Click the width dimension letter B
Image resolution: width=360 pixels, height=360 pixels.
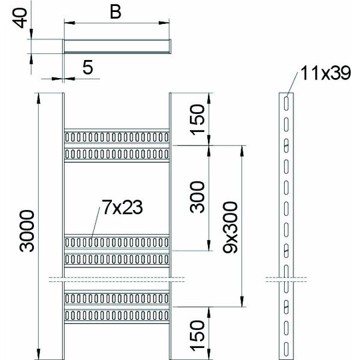pyautogui.click(x=115, y=12)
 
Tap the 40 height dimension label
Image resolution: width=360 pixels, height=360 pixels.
pyautogui.click(x=19, y=18)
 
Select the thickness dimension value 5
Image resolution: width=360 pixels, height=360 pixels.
pyautogui.click(x=88, y=67)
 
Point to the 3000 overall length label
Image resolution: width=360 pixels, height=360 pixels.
pyautogui.click(x=27, y=231)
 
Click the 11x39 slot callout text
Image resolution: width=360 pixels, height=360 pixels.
pyautogui.click(x=325, y=73)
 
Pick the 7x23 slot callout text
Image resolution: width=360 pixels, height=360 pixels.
pyautogui.click(x=122, y=207)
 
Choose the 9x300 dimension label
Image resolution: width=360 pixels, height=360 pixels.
pyautogui.click(x=230, y=227)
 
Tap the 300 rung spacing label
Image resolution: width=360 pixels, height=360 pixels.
pyautogui.click(x=197, y=197)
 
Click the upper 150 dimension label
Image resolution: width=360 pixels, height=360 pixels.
pyautogui.click(x=197, y=119)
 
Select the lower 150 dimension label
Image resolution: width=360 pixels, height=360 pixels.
pyautogui.click(x=197, y=335)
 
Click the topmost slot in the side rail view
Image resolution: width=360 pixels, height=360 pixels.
pyautogui.click(x=286, y=103)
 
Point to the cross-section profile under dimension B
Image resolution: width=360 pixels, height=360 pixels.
pyautogui.click(x=117, y=47)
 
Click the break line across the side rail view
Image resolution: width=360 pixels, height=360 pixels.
pyautogui.click(x=286, y=279)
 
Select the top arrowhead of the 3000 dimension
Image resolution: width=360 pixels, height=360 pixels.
pyautogui.click(x=39, y=98)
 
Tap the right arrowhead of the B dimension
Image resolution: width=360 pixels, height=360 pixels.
pyautogui.click(x=164, y=23)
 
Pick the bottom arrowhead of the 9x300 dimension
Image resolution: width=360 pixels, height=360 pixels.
pyautogui.click(x=242, y=301)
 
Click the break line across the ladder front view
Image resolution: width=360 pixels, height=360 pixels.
pyautogui.click(x=117, y=279)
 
